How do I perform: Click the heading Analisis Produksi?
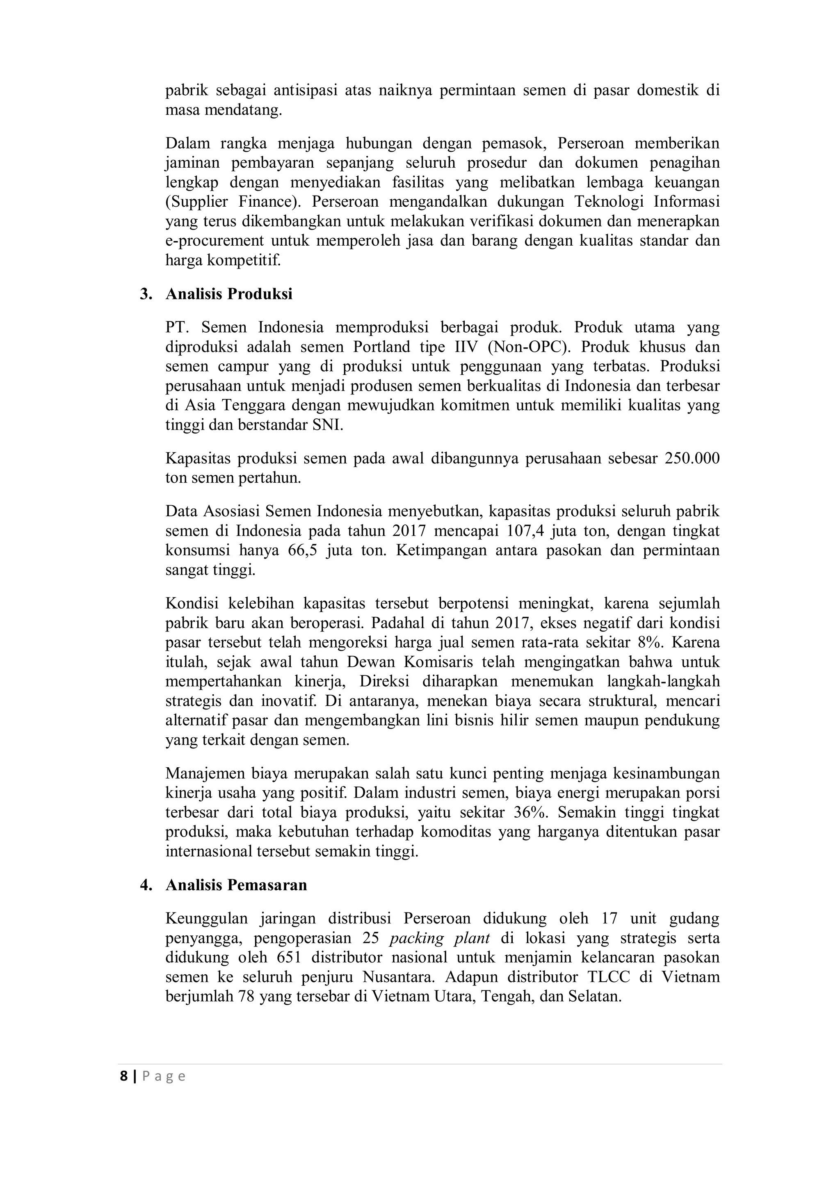pos(229,294)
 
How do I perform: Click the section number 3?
pos(146,294)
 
